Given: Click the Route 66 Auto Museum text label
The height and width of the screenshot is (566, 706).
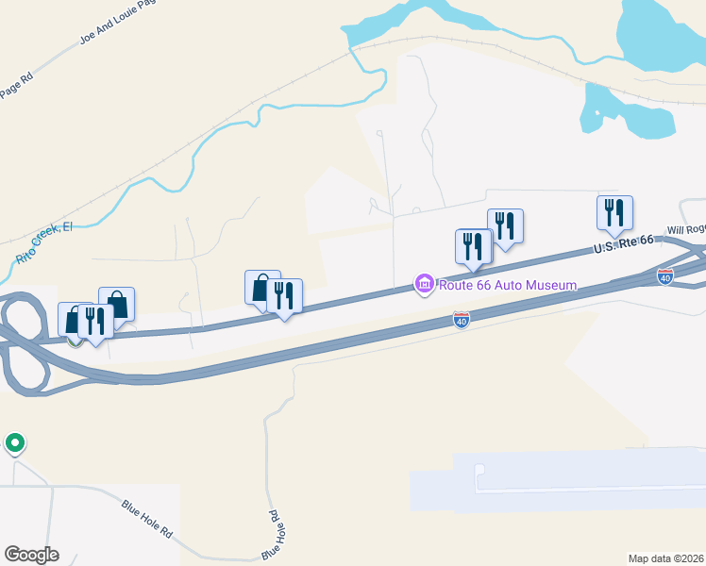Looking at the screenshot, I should (x=506, y=285).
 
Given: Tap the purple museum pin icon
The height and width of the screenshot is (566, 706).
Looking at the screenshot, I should (x=424, y=284).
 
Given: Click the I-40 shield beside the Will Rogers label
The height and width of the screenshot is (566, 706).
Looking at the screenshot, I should (x=665, y=276).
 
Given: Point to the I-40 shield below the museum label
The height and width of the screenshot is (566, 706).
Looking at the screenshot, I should (x=461, y=321).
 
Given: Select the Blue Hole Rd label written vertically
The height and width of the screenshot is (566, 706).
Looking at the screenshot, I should (x=272, y=534).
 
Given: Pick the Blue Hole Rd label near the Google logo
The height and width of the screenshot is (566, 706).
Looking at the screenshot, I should (x=147, y=519).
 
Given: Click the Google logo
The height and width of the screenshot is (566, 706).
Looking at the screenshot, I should (x=31, y=555).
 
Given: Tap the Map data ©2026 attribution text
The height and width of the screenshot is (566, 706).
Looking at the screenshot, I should (x=665, y=558).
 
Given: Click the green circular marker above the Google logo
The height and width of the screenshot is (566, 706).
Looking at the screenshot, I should (x=14, y=442).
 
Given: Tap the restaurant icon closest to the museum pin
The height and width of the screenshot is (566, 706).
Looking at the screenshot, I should (x=472, y=245).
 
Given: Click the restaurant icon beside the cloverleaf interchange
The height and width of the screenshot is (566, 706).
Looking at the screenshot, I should (x=95, y=321).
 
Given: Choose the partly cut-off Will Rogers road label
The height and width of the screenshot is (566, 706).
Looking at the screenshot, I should (x=686, y=229).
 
